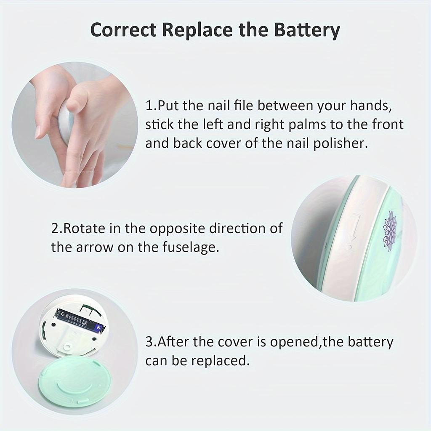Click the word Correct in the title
point(123,30)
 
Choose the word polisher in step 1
point(340,143)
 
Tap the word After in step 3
point(172,342)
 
